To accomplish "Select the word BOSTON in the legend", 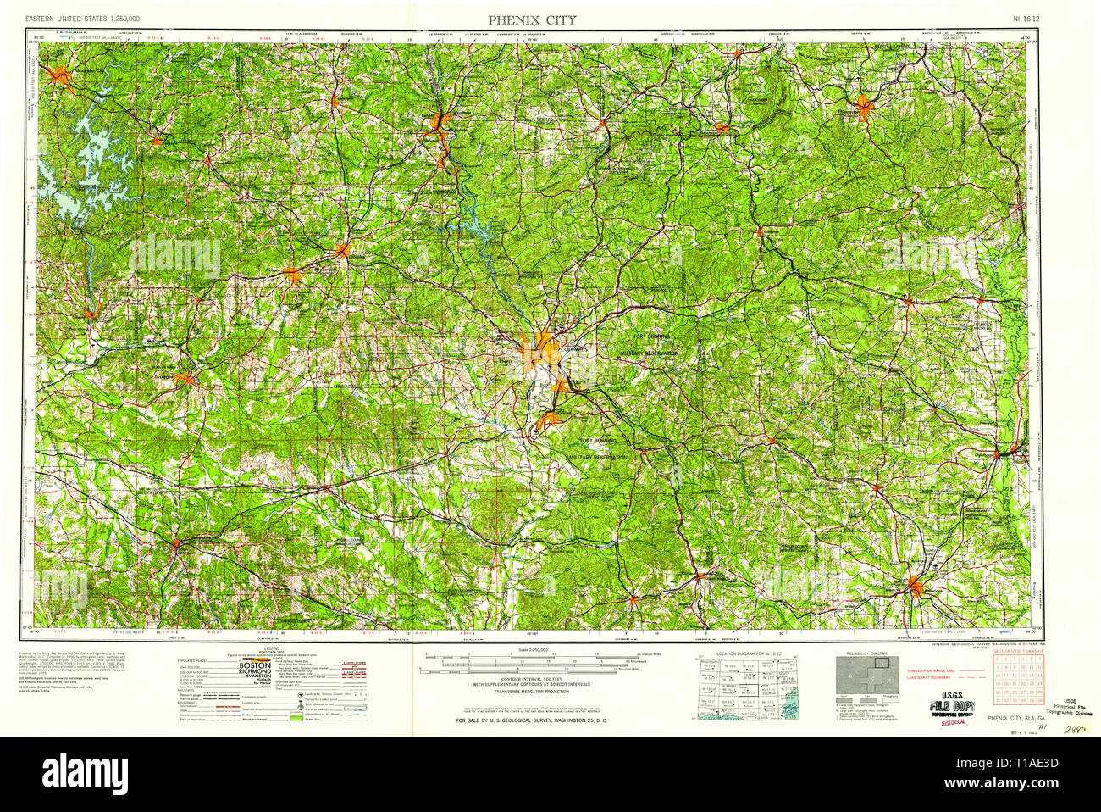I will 255,666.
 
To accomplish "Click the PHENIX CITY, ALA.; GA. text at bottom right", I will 1015,718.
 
